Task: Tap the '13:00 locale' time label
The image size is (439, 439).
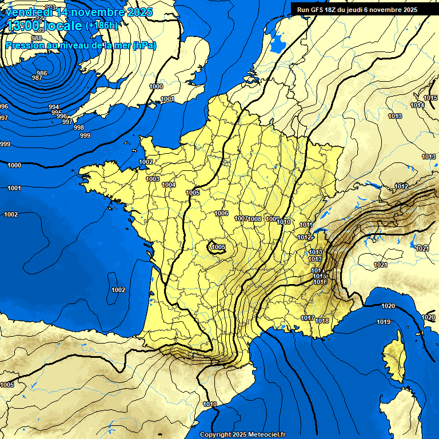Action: coord(45,26)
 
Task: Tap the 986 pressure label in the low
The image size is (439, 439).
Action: coord(41,73)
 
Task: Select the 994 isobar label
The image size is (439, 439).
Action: coord(54,107)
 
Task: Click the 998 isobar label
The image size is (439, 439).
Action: coord(79,127)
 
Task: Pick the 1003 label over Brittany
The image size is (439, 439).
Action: coord(153,179)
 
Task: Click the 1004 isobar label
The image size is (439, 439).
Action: coord(169,185)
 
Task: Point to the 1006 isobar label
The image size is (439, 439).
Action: coord(222,213)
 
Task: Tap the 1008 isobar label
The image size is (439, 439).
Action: coord(255,219)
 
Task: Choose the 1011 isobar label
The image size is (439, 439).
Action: coord(306,225)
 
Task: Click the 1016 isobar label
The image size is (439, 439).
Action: coord(320,282)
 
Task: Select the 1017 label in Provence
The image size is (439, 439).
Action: coord(308,318)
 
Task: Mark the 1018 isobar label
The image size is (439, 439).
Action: coord(322,321)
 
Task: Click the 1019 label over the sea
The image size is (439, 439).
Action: coord(384,322)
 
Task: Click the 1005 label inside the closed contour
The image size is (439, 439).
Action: coord(218,247)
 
